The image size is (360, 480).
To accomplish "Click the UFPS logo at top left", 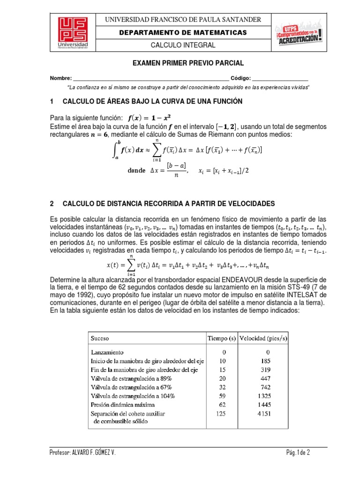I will tap(75, 32).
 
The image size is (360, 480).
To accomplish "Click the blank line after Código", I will tap(280, 78).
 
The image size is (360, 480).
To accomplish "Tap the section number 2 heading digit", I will tap(52, 203).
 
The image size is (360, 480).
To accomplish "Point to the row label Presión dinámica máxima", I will tap(121, 405).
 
